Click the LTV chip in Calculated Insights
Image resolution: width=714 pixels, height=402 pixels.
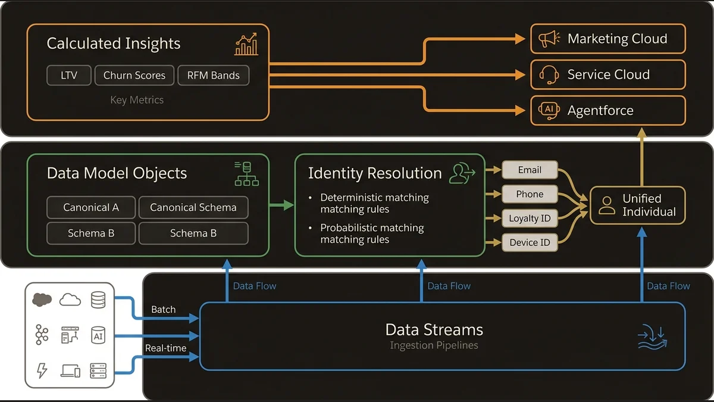pos(69,76)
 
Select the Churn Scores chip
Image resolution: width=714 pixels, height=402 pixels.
pos(134,76)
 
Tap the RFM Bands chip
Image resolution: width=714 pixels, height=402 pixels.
pos(213,76)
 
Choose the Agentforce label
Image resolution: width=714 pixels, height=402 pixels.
pos(600,110)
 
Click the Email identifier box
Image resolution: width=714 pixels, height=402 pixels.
pos(530,170)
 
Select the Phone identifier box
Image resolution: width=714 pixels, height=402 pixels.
pos(530,194)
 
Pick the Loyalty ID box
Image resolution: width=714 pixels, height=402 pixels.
pos(530,219)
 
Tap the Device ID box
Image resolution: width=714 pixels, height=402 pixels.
pos(530,242)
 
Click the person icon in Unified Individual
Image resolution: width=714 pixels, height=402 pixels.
pos(607,205)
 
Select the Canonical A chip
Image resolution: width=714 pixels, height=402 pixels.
pos(91,208)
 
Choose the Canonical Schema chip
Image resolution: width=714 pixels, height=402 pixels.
pos(193,208)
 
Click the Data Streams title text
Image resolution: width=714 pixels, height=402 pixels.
pos(434,329)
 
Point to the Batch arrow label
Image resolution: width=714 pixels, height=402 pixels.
pos(163,310)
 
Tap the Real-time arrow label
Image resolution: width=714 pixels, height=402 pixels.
pos(165,348)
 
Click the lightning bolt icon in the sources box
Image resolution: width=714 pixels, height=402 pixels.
pos(42,370)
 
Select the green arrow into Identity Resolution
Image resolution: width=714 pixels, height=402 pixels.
pos(282,205)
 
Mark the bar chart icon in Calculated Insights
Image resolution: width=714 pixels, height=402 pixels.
pos(246,44)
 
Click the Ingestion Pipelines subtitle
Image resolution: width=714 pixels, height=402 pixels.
pos(434,345)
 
